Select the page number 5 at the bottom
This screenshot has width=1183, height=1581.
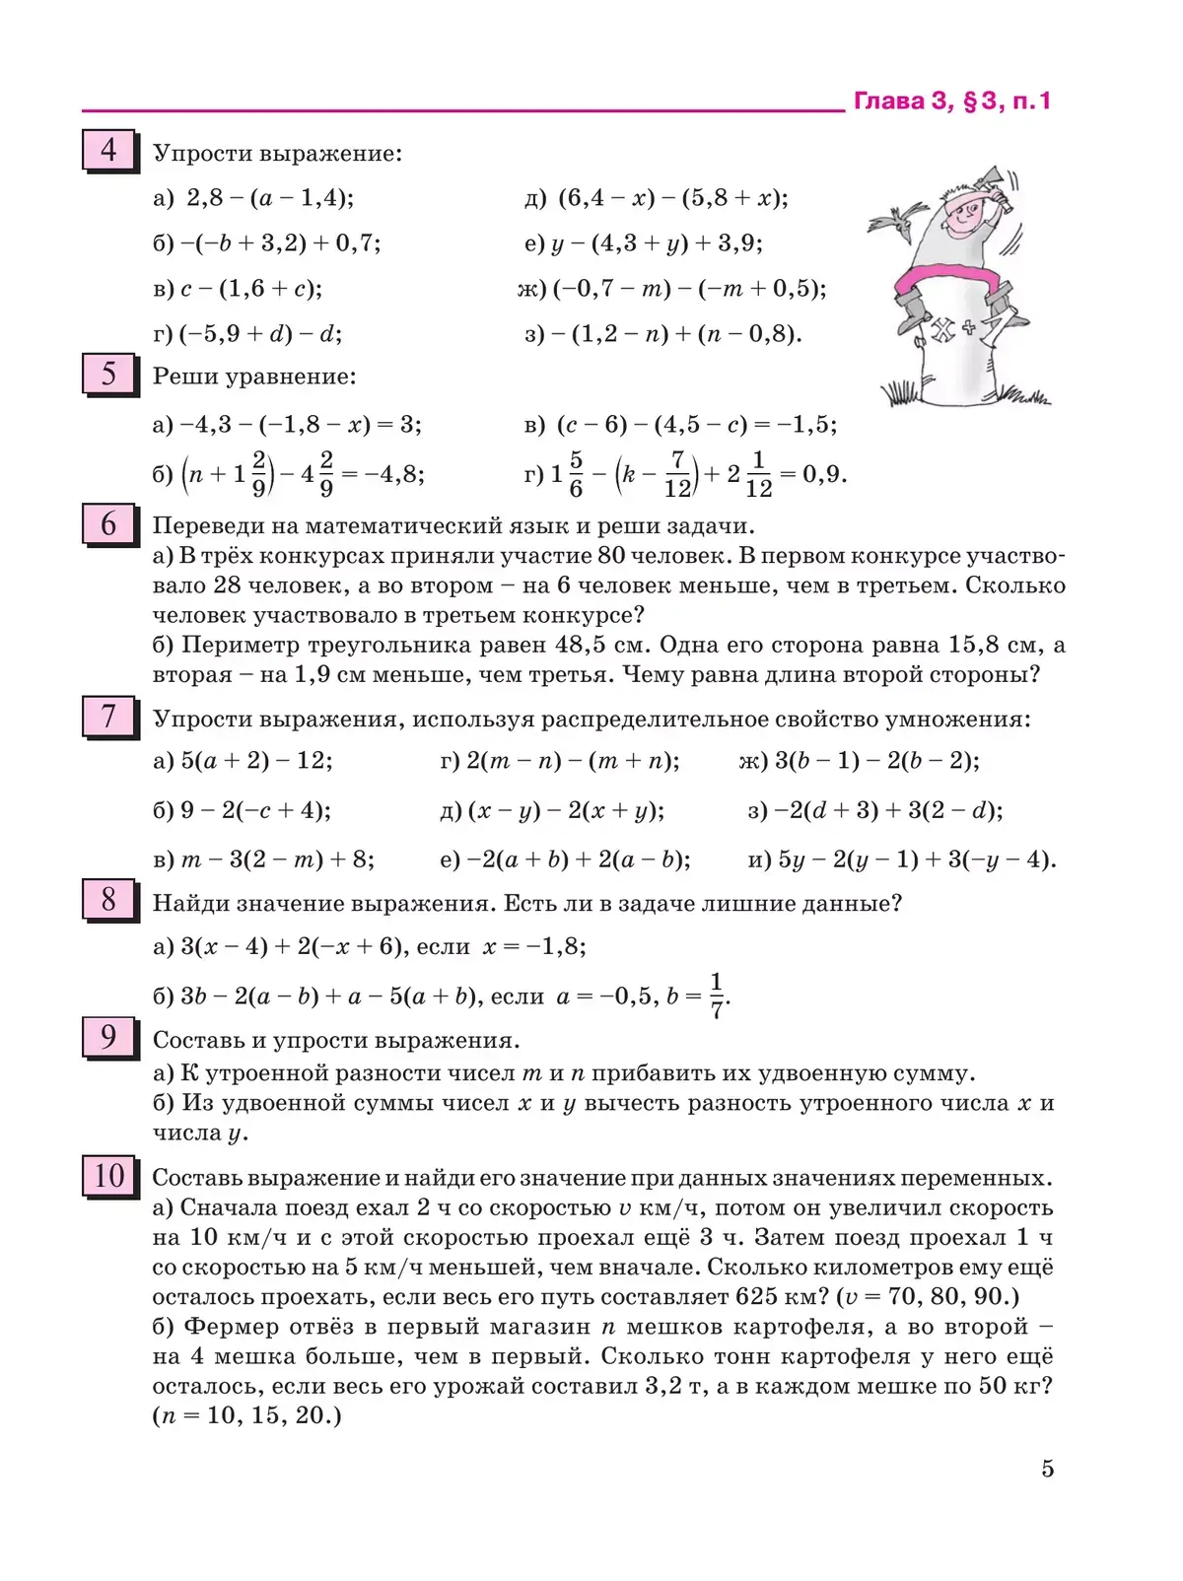(1047, 1469)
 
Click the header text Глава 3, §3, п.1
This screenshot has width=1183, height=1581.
(951, 101)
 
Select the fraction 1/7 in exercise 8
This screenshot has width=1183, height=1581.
(717, 996)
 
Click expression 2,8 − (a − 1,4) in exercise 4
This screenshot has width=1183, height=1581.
(269, 198)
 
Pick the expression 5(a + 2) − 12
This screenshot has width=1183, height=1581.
(256, 760)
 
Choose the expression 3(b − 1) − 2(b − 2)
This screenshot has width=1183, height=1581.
(876, 760)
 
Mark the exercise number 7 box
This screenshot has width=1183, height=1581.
(107, 717)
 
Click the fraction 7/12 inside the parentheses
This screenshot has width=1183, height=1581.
(677, 474)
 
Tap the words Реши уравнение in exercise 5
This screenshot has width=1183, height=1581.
(254, 377)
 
